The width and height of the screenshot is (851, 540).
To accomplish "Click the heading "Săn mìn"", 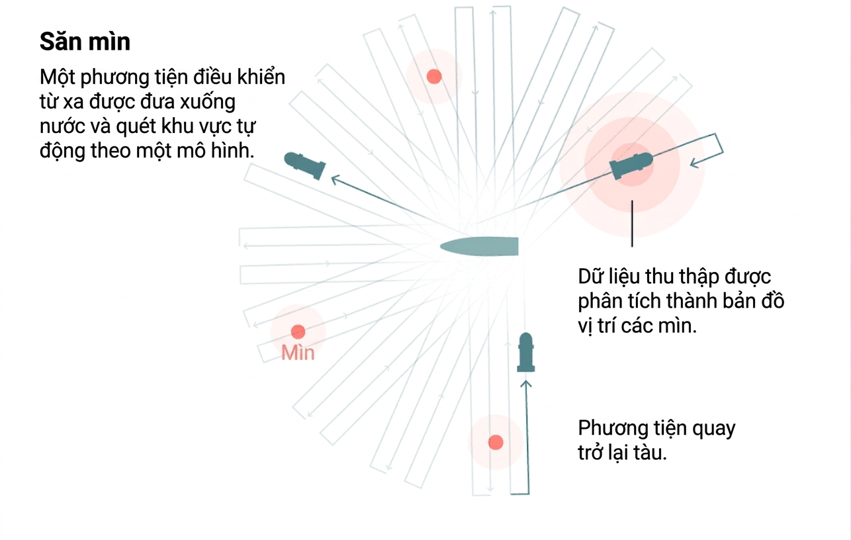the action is [x=85, y=41].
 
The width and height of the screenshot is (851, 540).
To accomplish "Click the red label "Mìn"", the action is [x=298, y=353].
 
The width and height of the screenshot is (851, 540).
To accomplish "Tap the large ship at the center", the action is [x=479, y=246].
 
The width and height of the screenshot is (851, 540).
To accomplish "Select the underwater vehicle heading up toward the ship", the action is [x=526, y=352].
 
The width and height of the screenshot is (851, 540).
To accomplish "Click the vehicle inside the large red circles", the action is [x=631, y=165].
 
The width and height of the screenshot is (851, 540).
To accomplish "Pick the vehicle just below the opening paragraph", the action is [x=305, y=165].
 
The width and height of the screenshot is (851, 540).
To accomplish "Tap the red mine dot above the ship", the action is [x=434, y=76].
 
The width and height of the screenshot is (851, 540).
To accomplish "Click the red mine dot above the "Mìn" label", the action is [x=298, y=332].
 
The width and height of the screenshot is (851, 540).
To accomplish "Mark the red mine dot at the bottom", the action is [x=496, y=442].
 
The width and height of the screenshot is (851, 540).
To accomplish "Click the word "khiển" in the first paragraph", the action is [x=261, y=77].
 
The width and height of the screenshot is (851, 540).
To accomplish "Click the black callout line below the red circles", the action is [x=632, y=224].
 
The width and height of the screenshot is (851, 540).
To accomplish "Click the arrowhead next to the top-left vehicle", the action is [x=336, y=180].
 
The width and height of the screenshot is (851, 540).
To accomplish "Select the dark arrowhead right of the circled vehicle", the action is [x=694, y=163].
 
